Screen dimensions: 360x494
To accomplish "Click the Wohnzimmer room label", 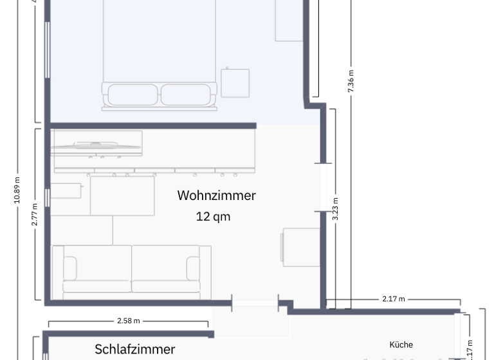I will click(x=216, y=195).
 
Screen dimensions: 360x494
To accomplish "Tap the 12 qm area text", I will click(x=213, y=217).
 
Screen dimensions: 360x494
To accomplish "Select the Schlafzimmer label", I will click(x=134, y=349).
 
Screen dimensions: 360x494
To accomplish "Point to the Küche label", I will click(x=401, y=345).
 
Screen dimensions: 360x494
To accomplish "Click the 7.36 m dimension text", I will click(x=351, y=82).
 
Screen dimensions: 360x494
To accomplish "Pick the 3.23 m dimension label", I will click(x=335, y=210).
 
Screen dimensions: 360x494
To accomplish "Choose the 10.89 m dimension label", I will click(x=17, y=190).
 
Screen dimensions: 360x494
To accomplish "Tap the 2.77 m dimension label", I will click(x=35, y=214).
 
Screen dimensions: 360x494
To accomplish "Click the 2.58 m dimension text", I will click(x=128, y=320).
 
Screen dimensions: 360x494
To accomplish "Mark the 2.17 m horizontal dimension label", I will click(x=393, y=299).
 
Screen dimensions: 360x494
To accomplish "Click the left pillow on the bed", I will click(x=133, y=94).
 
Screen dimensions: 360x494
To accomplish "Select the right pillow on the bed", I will click(x=185, y=94).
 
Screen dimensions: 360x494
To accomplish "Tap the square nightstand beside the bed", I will click(x=235, y=83).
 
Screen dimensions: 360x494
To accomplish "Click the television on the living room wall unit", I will click(x=96, y=147).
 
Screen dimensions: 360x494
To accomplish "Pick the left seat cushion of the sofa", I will click(x=97, y=269).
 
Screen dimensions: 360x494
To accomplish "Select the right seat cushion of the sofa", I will click(x=165, y=269).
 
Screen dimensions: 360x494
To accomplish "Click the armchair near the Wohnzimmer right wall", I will click(x=301, y=247).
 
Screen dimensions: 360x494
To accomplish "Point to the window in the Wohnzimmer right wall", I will click(x=324, y=187).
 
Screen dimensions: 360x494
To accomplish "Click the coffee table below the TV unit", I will click(x=122, y=195).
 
